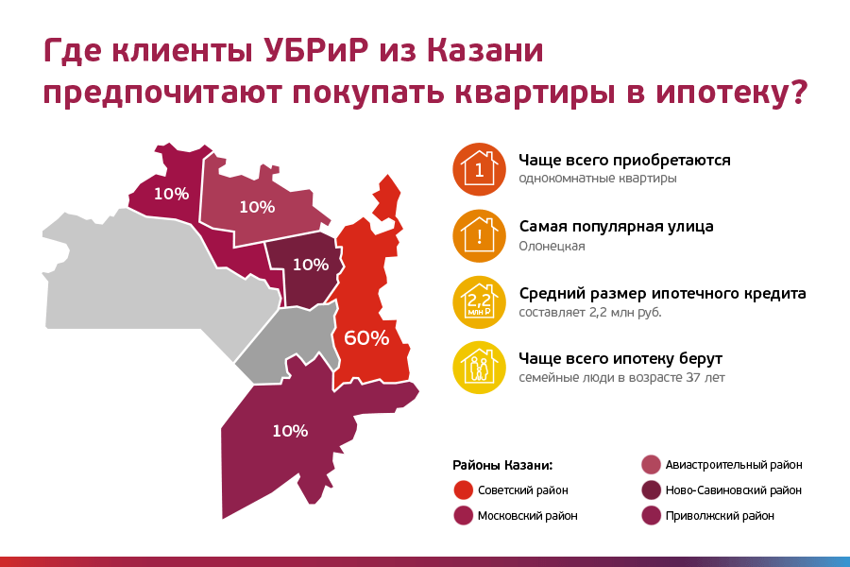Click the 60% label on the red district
tap(366, 337)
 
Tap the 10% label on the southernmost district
tap(290, 431)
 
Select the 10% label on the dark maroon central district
tap(311, 264)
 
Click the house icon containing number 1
tap(479, 169)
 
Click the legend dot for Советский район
tap(463, 490)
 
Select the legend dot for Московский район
tap(463, 516)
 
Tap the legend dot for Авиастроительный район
tap(651, 465)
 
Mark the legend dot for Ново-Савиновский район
tap(651, 490)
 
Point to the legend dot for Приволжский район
tap(651, 516)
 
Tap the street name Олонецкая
tap(552, 246)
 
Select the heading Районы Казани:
tap(501, 465)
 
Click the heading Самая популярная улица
tap(616, 227)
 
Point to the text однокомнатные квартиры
tap(597, 178)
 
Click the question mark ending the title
tap(798, 94)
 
